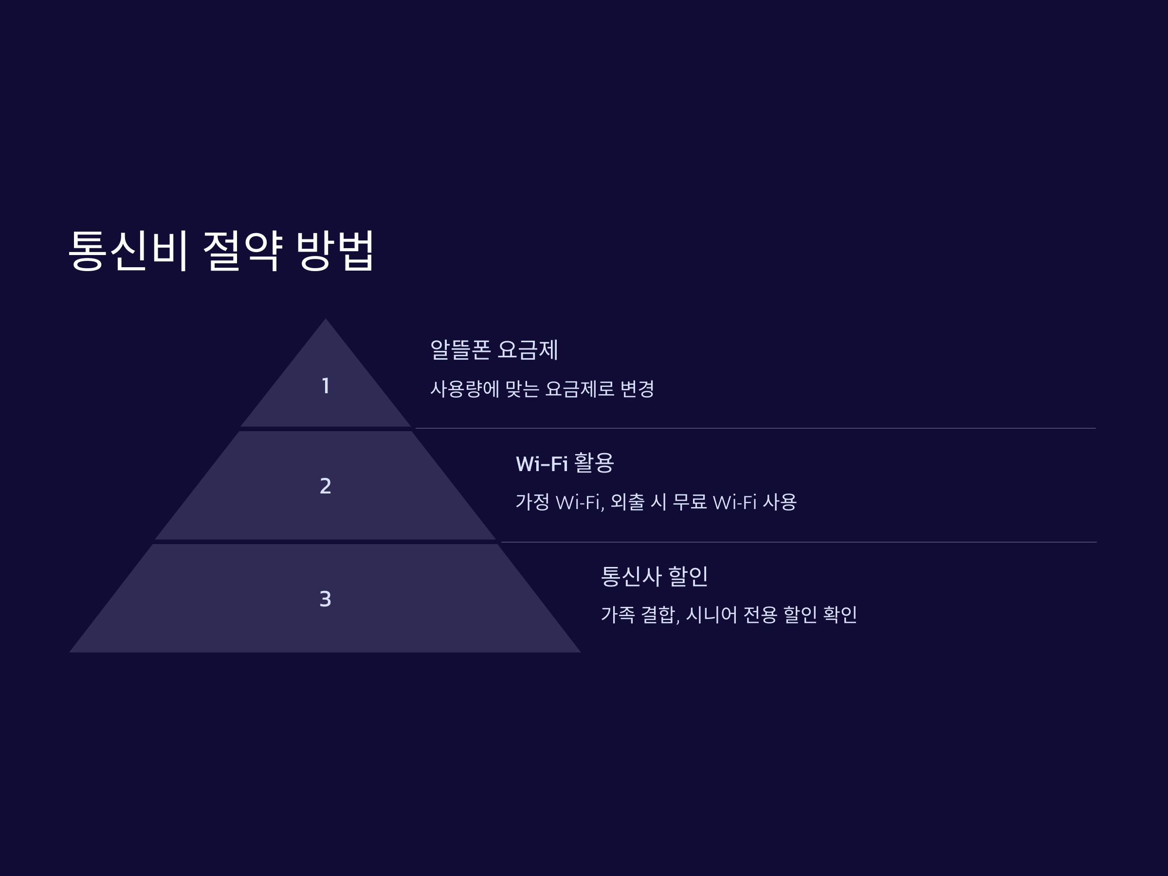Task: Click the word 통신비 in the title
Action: (128, 250)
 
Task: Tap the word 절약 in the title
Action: (243, 250)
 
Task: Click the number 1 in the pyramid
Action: (326, 386)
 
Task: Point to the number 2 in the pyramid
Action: (326, 486)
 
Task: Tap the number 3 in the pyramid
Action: (326, 599)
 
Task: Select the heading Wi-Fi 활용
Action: (565, 463)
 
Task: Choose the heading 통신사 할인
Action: (654, 576)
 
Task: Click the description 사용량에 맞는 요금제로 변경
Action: (542, 389)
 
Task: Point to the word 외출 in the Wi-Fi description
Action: (627, 502)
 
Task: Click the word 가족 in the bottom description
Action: (618, 614)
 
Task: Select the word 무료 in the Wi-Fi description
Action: (690, 502)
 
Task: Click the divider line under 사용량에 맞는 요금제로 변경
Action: (755, 428)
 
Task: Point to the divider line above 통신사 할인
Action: (799, 542)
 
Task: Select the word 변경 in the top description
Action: (637, 389)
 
